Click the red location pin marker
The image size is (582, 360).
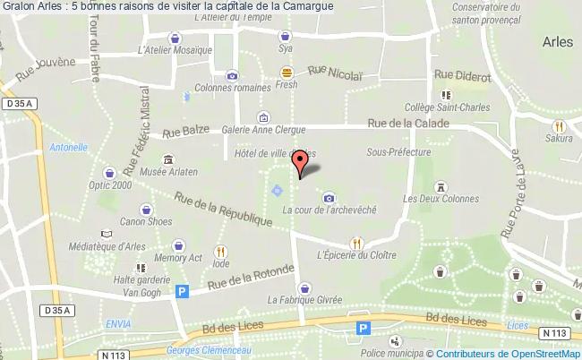pos(301,161)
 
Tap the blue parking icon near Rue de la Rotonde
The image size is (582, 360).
pos(183,291)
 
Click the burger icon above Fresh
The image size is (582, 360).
pos(286,72)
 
